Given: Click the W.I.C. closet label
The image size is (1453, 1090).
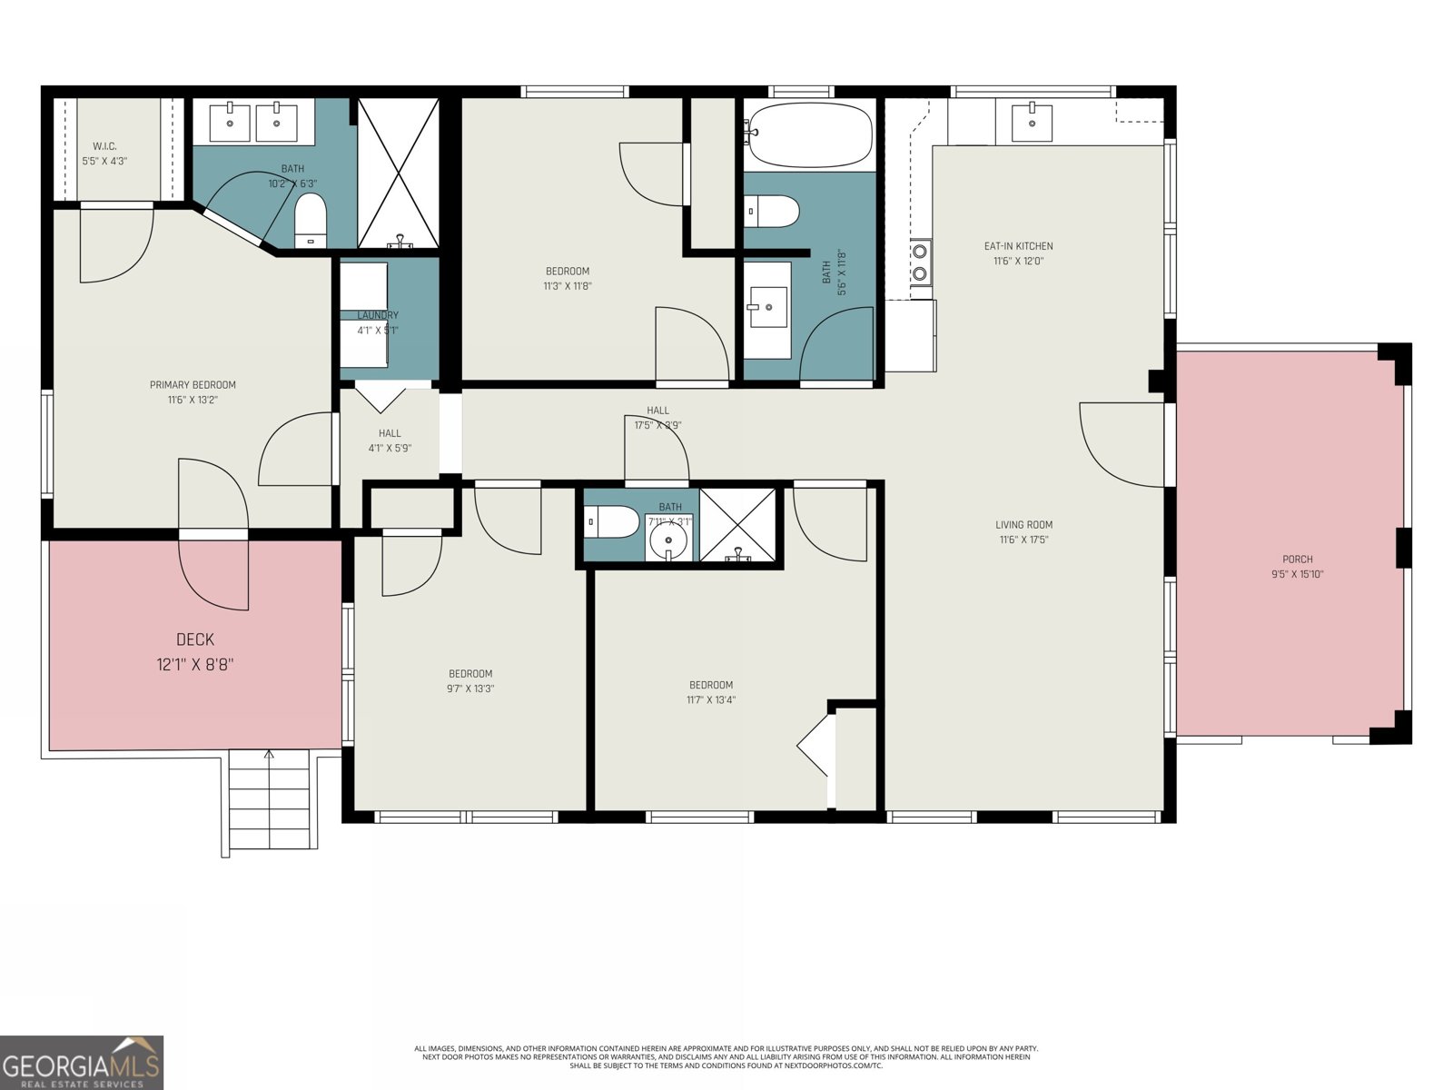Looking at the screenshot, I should coord(104,146).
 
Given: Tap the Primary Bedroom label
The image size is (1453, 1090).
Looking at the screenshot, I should coord(193,385).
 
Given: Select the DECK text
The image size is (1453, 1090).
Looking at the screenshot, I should coord(195,639).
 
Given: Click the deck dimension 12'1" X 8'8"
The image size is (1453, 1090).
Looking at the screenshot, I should coord(195,665).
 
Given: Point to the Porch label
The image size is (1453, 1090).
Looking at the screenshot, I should coord(1297,560).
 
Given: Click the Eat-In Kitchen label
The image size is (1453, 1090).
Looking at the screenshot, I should coord(1018,246).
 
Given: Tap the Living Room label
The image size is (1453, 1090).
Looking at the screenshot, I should coord(1023,525).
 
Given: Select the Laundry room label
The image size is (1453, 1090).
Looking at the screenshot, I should coord(378,315).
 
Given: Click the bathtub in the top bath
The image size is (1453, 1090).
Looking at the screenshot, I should coord(807,135).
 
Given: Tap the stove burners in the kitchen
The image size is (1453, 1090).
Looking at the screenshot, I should coord(920,262).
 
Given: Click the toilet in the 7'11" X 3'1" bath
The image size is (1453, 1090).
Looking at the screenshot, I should coord(615,522).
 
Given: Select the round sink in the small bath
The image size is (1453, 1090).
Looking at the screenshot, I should coord(669,541).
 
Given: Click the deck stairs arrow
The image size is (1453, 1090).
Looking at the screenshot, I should coord(269,754).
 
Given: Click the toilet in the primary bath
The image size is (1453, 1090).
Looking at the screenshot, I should coord(311,218).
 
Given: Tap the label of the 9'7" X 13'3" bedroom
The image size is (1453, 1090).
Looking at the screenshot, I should coord(470,674).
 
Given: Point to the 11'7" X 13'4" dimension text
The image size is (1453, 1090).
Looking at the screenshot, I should coord(711,700).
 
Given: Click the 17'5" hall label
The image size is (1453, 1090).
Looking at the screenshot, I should coord(657,411).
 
